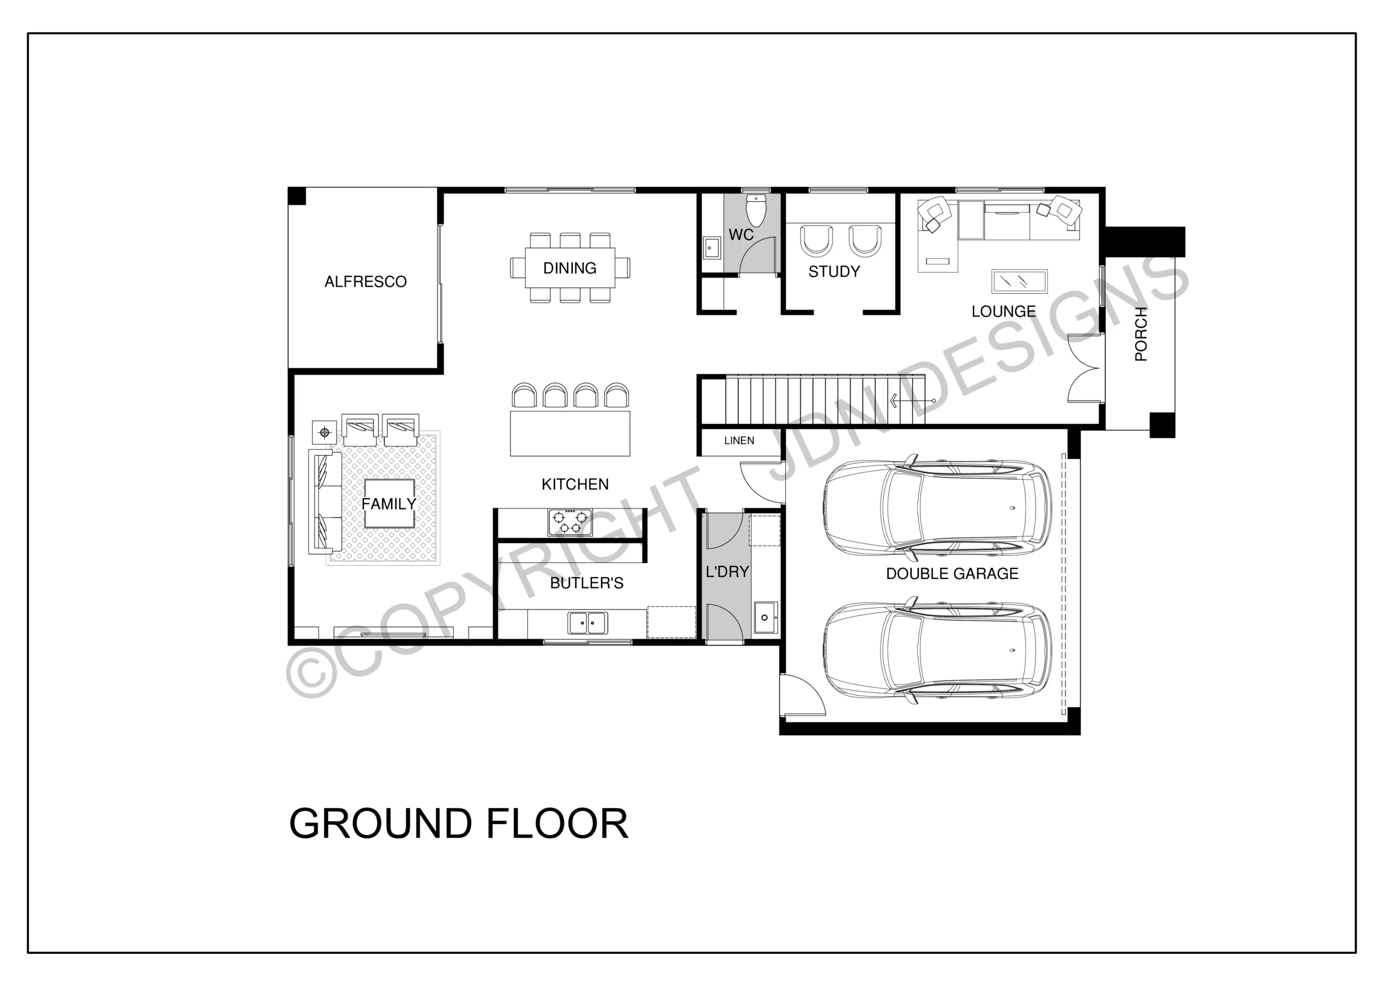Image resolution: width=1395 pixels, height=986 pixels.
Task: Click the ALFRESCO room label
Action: pyautogui.click(x=365, y=281)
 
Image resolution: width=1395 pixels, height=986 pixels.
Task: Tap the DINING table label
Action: pyautogui.click(x=569, y=268)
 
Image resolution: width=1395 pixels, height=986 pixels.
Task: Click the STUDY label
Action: pyautogui.click(x=834, y=272)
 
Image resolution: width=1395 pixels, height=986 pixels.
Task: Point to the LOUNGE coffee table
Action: pyautogui.click(x=1019, y=281)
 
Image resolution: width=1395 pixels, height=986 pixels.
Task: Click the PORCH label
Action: pyautogui.click(x=1141, y=334)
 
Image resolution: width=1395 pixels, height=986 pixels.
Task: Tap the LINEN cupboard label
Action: pyautogui.click(x=739, y=441)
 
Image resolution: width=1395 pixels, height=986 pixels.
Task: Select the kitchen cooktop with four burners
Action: pyautogui.click(x=570, y=522)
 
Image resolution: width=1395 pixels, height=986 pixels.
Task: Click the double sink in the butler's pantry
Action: pyautogui.click(x=587, y=623)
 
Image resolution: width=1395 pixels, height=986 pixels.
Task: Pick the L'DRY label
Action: pyautogui.click(x=727, y=572)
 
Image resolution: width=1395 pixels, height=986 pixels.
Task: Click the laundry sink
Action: pyautogui.click(x=765, y=618)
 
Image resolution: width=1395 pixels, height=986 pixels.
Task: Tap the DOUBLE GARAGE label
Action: pyautogui.click(x=952, y=574)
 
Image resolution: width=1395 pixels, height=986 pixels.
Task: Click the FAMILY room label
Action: pyautogui.click(x=389, y=504)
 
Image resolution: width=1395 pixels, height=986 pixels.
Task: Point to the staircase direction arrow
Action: pyautogui.click(x=913, y=401)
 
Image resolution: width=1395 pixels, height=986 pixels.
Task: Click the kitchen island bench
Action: pyautogui.click(x=570, y=433)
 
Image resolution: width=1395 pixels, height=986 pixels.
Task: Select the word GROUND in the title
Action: pyautogui.click(x=380, y=824)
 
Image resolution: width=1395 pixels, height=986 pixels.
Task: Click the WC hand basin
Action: pyautogui.click(x=712, y=247)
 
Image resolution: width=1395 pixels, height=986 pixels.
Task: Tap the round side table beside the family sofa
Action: pyautogui.click(x=324, y=433)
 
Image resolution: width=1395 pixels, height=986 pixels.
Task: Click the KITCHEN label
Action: pyautogui.click(x=575, y=485)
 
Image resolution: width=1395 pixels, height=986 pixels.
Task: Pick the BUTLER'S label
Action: pyautogui.click(x=586, y=583)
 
